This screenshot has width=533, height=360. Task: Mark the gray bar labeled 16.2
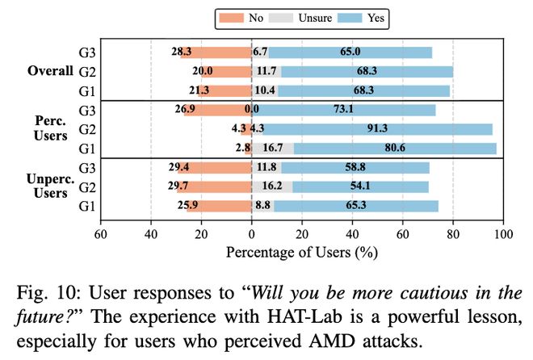point(272,186)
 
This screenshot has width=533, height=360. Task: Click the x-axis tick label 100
point(502,235)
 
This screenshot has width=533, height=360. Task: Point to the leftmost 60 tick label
point(101,235)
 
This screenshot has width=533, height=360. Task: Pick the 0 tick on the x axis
point(251,235)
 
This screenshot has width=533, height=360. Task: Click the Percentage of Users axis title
point(302,252)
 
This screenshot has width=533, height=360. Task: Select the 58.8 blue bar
point(356,167)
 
